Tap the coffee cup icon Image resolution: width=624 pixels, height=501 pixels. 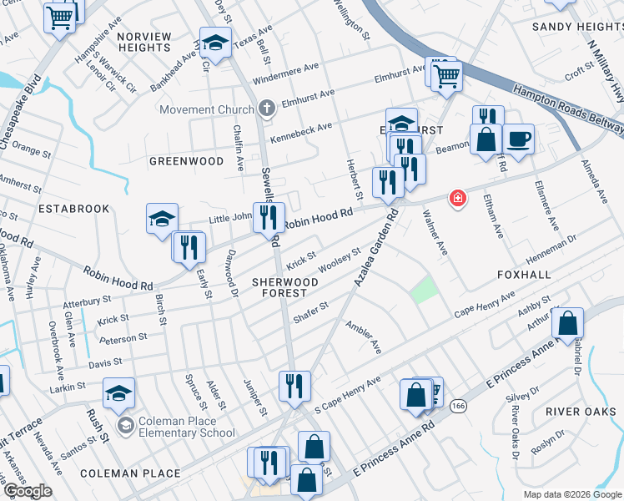tap(518, 138)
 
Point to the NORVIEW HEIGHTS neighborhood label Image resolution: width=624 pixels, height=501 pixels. tap(144, 42)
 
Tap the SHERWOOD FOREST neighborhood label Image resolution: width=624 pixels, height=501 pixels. tap(285, 288)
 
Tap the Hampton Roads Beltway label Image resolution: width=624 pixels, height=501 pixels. tap(566, 109)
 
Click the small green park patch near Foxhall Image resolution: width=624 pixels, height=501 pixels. tap(425, 290)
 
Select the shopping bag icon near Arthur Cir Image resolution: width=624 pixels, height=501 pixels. tap(567, 322)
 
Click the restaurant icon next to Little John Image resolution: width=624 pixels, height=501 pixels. tap(268, 218)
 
